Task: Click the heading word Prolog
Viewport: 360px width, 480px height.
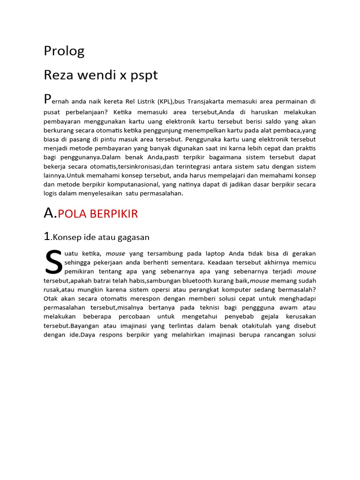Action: point(64,51)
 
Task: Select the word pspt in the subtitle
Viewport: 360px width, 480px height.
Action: point(145,75)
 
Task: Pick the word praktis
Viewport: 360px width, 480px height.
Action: point(305,148)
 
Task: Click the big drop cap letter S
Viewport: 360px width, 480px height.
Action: point(53,262)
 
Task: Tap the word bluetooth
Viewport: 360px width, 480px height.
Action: point(196,281)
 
